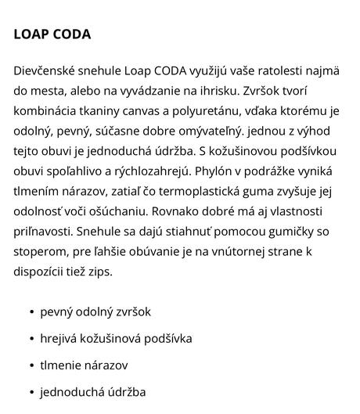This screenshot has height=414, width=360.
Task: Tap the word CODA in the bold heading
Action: click(73, 34)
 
